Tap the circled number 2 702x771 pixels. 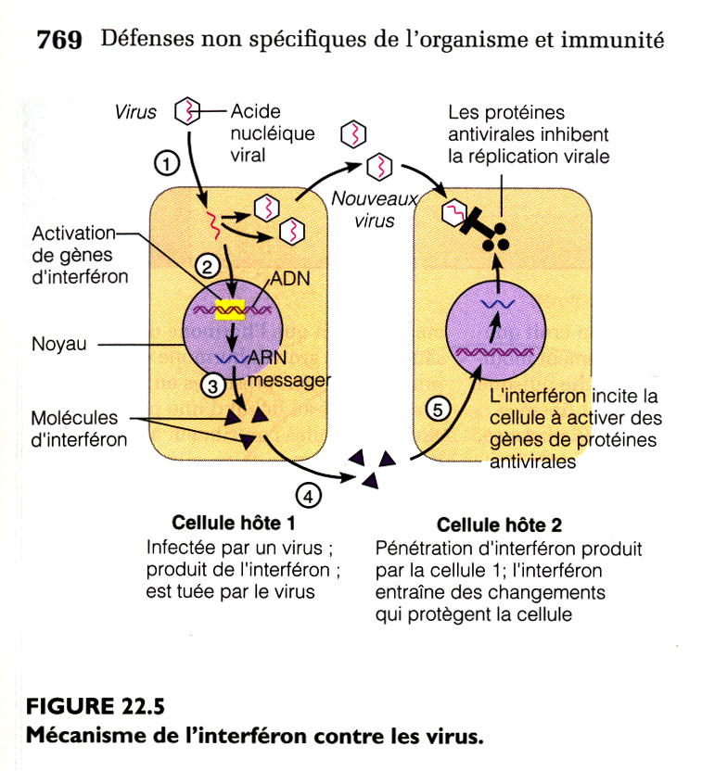pos(207,266)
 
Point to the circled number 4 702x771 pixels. pos(308,495)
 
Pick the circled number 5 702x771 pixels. pos(436,408)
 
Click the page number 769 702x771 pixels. pos(58,40)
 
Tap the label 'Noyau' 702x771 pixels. pos(57,344)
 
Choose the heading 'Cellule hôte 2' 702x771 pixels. pos(499,525)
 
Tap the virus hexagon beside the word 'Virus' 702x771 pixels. pos(188,112)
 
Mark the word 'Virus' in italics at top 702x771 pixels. pos(136,112)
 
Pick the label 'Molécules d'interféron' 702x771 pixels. pos(78,429)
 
